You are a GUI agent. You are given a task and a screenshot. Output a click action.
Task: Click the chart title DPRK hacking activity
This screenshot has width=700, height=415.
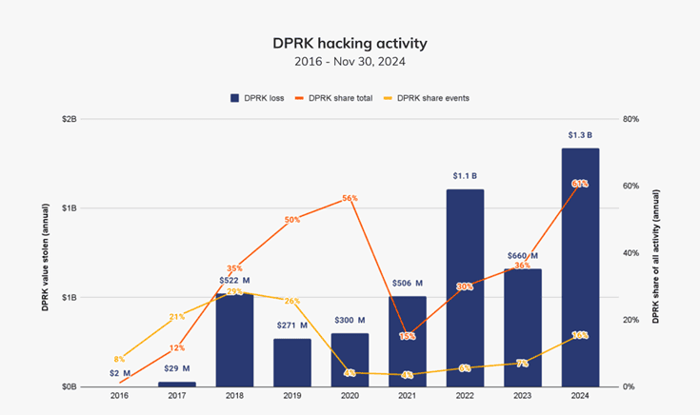pyautogui.click(x=350, y=44)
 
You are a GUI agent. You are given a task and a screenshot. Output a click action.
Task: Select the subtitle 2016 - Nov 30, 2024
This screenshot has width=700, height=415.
pyautogui.click(x=350, y=62)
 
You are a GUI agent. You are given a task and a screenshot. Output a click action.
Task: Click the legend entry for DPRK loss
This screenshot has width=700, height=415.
pyautogui.click(x=255, y=97)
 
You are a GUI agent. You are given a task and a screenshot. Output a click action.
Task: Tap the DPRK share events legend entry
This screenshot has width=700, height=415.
pyautogui.click(x=426, y=97)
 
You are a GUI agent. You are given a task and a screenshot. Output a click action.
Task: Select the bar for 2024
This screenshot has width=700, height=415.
pyautogui.click(x=580, y=267)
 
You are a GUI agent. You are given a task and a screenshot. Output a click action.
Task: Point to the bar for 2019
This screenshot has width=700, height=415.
pyautogui.click(x=292, y=362)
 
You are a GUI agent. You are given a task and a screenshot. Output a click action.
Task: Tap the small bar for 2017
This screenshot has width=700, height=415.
pyautogui.click(x=177, y=384)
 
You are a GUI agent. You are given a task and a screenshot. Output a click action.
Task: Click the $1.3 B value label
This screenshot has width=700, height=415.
pyautogui.click(x=580, y=135)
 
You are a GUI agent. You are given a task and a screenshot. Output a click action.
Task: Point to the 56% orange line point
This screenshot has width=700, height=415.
pyautogui.click(x=350, y=199)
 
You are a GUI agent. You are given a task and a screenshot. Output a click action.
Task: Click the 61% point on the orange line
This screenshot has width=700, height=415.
pyautogui.click(x=580, y=183)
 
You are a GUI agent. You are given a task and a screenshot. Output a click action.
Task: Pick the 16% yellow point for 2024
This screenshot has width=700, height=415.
pyautogui.click(x=580, y=335)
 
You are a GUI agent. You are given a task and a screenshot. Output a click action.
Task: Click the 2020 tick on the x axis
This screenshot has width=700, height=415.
pyautogui.click(x=350, y=395)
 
